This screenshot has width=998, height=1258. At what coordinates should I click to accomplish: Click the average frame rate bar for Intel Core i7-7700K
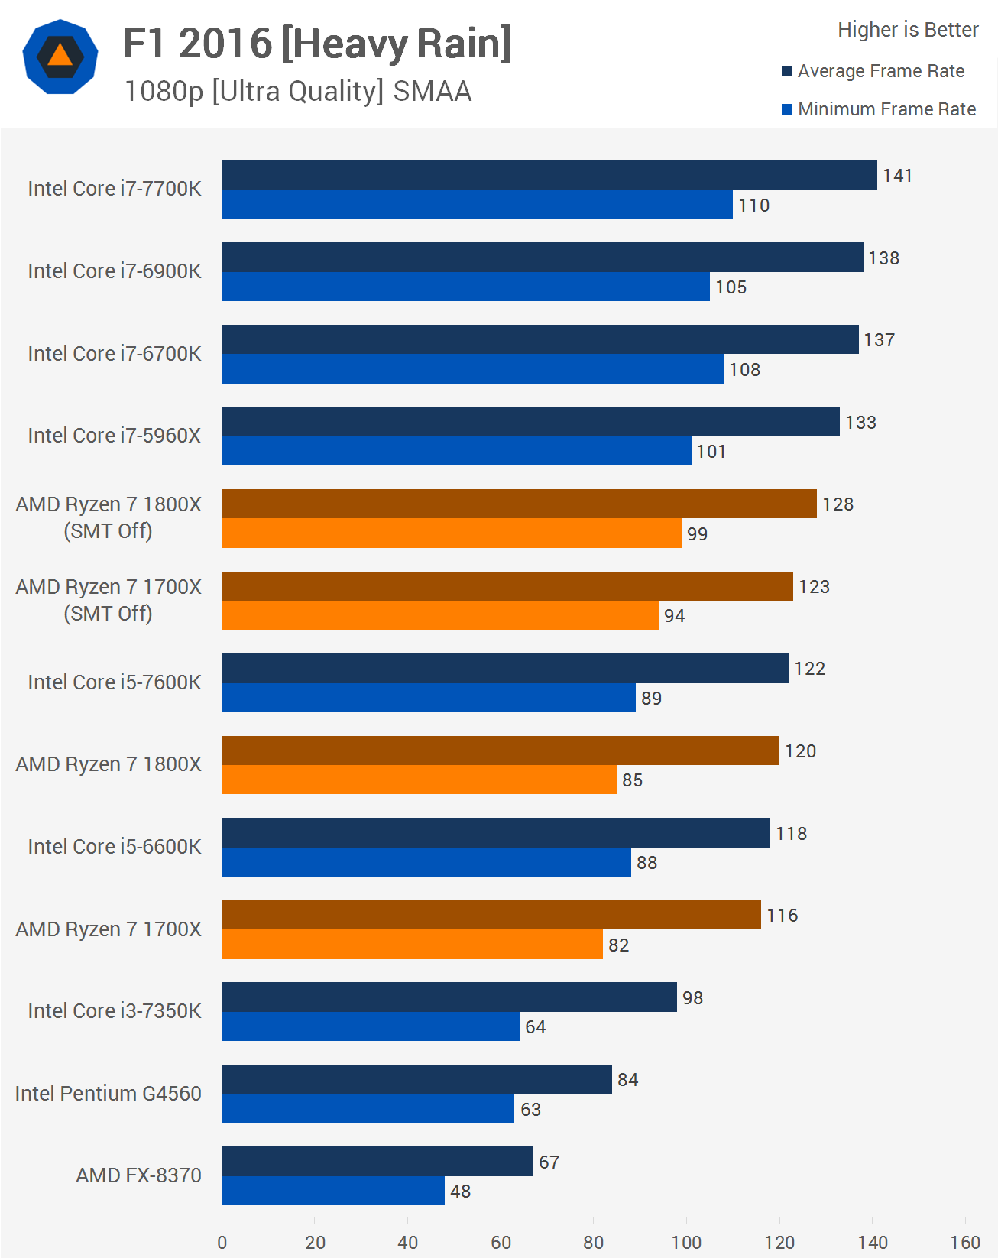tap(549, 175)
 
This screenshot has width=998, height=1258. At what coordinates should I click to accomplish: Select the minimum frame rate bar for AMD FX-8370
tap(333, 1191)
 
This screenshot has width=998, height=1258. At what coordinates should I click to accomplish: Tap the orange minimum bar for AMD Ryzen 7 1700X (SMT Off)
tap(440, 615)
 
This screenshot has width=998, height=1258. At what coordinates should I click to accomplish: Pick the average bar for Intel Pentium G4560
tap(416, 1079)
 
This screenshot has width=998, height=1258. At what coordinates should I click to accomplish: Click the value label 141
tap(897, 176)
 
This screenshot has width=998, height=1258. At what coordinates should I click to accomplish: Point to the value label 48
tap(460, 1192)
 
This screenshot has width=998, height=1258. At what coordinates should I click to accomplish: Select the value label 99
tap(697, 534)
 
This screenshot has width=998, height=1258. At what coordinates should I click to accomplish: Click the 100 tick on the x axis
tap(686, 1242)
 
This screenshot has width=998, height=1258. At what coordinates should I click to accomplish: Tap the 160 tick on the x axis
tap(965, 1242)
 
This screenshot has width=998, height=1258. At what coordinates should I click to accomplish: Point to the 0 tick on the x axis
tap(222, 1242)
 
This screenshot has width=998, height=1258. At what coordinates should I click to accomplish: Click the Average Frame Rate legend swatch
tap(787, 71)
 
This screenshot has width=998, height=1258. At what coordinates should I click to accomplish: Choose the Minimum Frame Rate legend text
tap(886, 109)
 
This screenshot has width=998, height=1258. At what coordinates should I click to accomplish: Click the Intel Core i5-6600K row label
tap(115, 847)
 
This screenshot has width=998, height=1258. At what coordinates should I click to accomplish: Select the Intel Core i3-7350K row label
tap(115, 1011)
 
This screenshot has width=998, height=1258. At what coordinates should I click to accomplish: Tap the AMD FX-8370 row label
tap(138, 1175)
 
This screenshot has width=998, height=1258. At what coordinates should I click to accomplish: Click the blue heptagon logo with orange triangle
tap(60, 57)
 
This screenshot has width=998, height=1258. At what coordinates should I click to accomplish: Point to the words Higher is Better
tap(908, 30)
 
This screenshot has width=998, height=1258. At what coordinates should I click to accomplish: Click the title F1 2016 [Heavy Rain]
tap(316, 44)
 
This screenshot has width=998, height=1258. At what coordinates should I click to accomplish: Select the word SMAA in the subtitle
tap(432, 92)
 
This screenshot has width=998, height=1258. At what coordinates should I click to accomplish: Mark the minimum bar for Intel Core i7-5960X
tap(456, 451)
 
